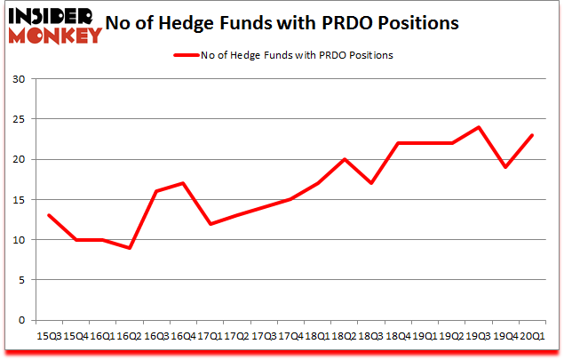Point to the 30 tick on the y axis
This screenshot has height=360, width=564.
point(19,79)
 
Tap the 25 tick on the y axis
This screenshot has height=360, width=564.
point(19,119)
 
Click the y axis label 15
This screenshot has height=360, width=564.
point(19,199)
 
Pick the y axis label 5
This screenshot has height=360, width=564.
point(21,279)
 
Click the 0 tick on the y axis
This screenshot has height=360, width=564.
point(21,320)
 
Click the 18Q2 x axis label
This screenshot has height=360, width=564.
point(344,335)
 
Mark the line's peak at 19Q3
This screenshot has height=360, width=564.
point(479,127)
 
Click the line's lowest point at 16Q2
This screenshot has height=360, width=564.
point(131,247)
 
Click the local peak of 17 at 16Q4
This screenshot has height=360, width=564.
point(184,183)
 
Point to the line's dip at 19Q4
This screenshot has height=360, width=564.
point(504,167)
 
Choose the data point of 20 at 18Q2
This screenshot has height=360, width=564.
point(344,159)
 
